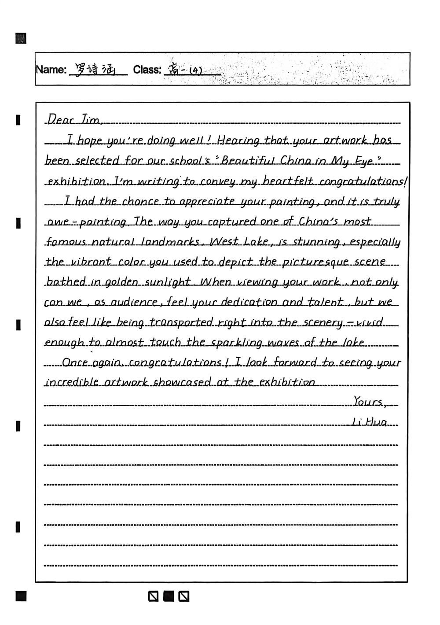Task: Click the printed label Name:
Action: pyautogui.click(x=51, y=70)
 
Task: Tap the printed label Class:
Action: pyautogui.click(x=147, y=70)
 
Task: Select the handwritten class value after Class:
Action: pyautogui.click(x=185, y=70)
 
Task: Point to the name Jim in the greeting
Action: pyautogui.click(x=91, y=119)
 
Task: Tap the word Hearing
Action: pyautogui.click(x=239, y=140)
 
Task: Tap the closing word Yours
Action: pyautogui.click(x=368, y=402)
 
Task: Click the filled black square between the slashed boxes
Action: pyautogui.click(x=169, y=596)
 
